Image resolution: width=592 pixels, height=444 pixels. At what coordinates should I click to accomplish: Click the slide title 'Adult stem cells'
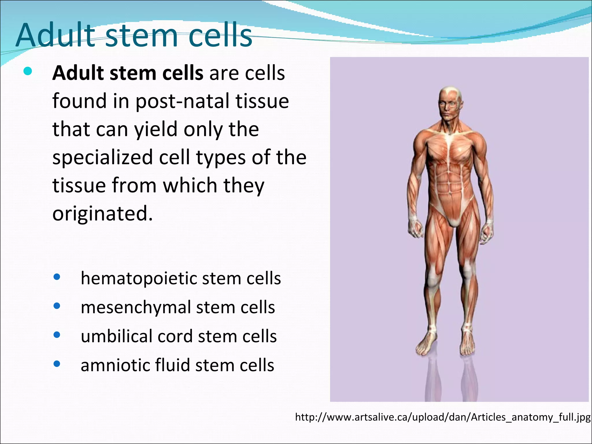click(x=134, y=35)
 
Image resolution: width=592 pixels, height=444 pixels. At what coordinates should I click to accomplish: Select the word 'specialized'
click(x=102, y=158)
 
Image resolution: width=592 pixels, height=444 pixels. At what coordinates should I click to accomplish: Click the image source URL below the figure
click(x=443, y=417)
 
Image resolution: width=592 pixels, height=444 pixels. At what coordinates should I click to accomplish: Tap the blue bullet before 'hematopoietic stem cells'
click(x=57, y=277)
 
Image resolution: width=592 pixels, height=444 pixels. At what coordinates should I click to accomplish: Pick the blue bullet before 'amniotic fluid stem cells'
click(x=57, y=364)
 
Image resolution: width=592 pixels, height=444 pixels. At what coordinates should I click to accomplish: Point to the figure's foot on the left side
click(x=426, y=345)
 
